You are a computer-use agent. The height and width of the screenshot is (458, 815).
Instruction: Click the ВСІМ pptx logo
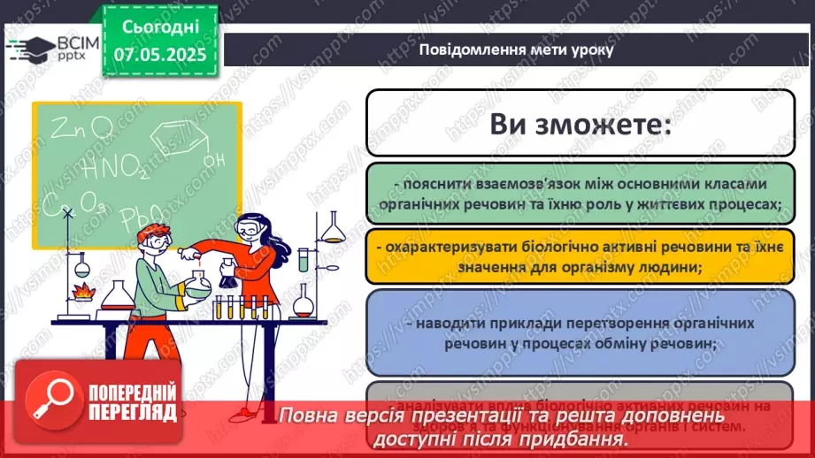(x=50, y=50)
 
